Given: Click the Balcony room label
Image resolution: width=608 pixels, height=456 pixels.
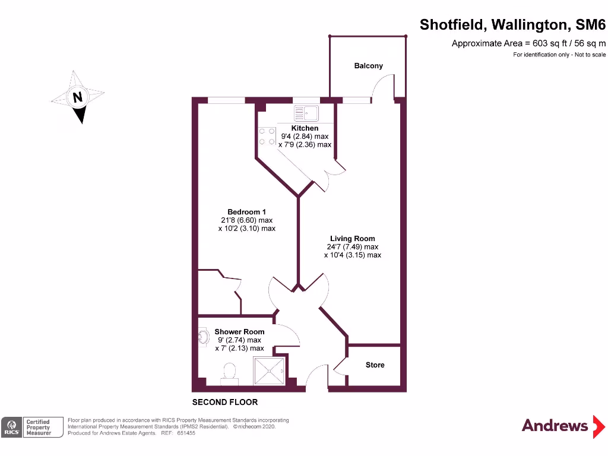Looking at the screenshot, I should [368, 66].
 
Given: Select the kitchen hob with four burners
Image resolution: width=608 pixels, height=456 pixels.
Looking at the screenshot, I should [267, 137].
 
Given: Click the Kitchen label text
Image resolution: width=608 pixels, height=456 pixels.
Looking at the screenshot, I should [305, 128].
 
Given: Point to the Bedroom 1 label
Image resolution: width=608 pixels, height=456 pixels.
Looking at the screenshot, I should [246, 212].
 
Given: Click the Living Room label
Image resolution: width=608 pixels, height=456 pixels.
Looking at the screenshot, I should [352, 239].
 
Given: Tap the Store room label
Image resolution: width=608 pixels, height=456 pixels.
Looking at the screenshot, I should [375, 365].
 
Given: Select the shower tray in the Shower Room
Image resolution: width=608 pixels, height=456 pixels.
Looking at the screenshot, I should [269, 370].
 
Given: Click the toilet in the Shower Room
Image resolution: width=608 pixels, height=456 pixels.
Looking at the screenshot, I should [229, 372].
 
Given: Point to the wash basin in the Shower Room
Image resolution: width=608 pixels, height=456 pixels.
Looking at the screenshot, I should [203, 337].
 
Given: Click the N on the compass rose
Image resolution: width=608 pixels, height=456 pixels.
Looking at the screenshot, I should [77, 97].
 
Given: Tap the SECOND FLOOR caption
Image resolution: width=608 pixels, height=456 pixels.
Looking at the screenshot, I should [225, 403].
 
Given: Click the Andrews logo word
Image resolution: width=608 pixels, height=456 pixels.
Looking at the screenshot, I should [555, 425].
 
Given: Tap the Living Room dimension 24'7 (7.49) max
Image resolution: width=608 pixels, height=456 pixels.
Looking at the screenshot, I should [352, 247].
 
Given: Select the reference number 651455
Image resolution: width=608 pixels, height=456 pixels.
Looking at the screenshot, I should [185, 433].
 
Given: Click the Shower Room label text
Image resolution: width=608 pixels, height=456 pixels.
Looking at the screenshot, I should [239, 332].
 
